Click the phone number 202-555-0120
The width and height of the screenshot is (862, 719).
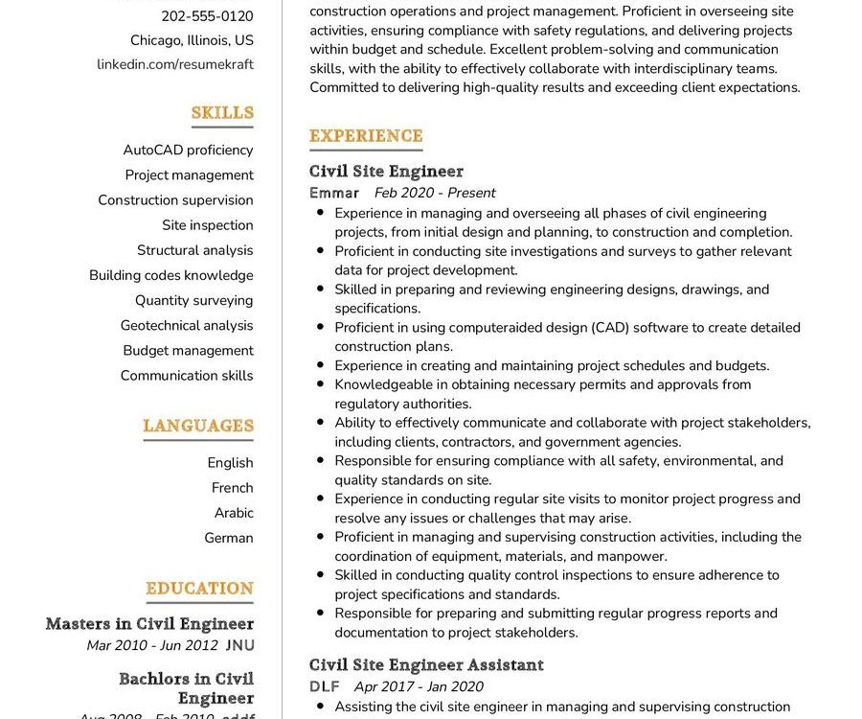pyautogui.click(x=207, y=15)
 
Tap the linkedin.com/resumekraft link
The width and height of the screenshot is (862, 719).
pyautogui.click(x=175, y=64)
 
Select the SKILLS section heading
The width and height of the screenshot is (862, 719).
pyautogui.click(x=222, y=113)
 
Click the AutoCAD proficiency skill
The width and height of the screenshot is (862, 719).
pyautogui.click(x=188, y=150)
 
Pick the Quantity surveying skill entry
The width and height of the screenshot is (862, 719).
pyautogui.click(x=193, y=300)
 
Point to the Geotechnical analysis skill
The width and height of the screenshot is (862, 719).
pyautogui.click(x=187, y=325)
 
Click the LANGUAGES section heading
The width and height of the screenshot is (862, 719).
pyautogui.click(x=198, y=426)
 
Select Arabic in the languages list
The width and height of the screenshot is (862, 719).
pyautogui.click(x=234, y=513)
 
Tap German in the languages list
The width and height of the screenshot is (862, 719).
pyautogui.click(x=229, y=538)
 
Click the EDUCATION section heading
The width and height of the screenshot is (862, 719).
pyautogui.click(x=199, y=589)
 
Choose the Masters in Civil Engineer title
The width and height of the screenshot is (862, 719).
pyautogui.click(x=149, y=624)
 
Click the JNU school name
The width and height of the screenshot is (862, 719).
pyautogui.click(x=239, y=646)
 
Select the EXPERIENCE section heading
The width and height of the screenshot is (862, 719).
pyautogui.click(x=366, y=136)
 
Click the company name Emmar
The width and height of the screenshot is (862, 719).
pyautogui.click(x=334, y=193)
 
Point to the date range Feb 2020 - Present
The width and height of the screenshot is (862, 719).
pyautogui.click(x=435, y=193)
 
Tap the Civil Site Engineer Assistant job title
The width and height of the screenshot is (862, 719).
pyautogui.click(x=426, y=665)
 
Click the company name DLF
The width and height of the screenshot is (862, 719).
pyautogui.click(x=325, y=686)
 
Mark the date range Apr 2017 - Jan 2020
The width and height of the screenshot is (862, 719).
pyautogui.click(x=419, y=686)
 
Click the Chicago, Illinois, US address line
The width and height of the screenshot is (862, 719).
pyautogui.click(x=192, y=40)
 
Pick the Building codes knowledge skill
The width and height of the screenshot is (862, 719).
pyautogui.click(x=171, y=275)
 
